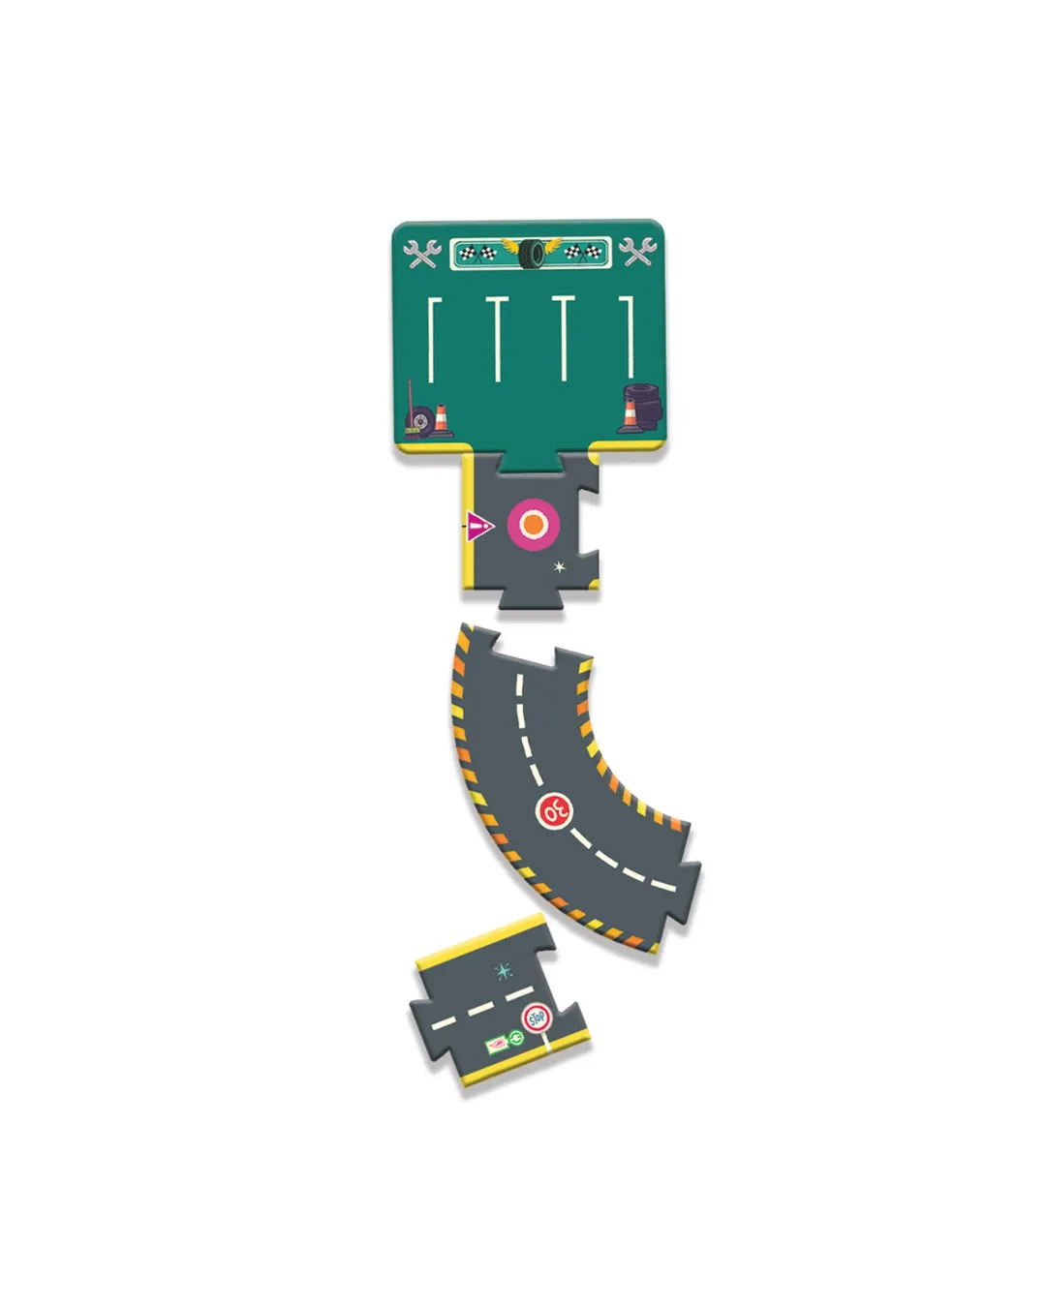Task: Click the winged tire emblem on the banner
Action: [x=531, y=252]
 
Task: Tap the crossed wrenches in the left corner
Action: [x=422, y=254]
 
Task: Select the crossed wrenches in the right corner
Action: [x=637, y=252]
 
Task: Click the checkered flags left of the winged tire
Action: [x=478, y=253]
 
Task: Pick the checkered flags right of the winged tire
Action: [x=583, y=252]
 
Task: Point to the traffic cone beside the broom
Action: [x=442, y=421]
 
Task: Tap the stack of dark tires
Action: [x=644, y=406]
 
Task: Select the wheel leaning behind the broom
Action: [x=420, y=420]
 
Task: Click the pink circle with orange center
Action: [x=533, y=525]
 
